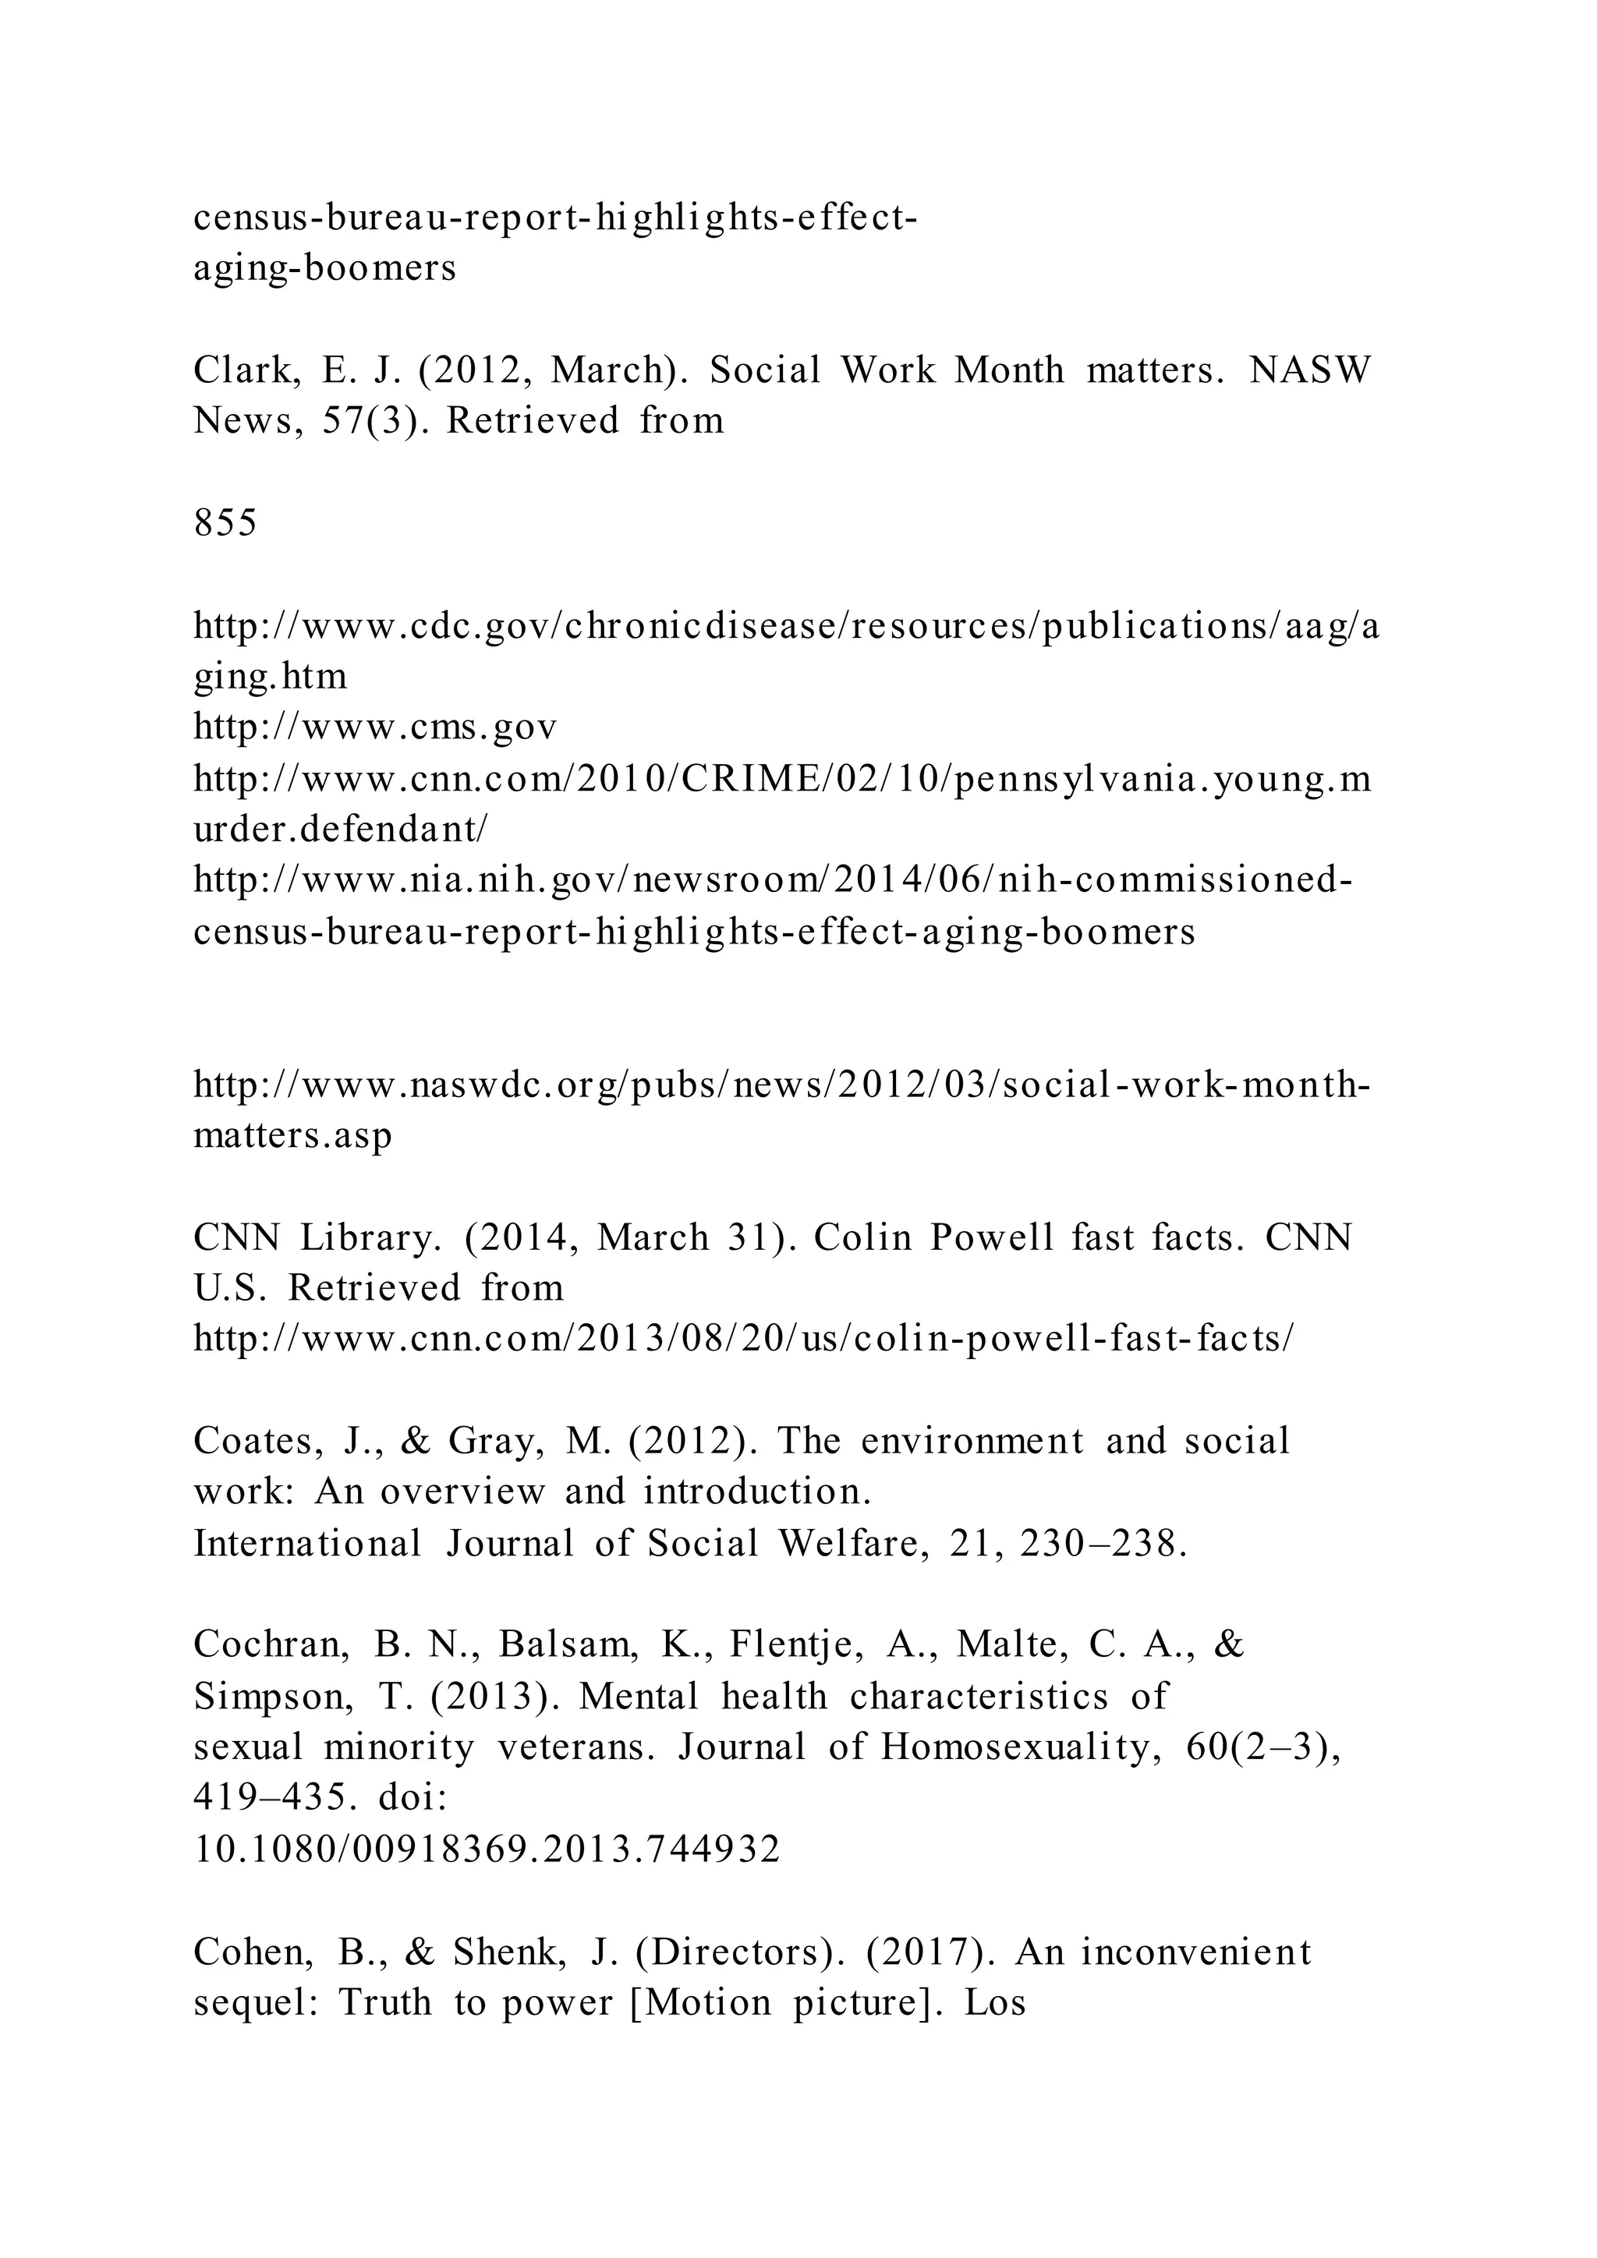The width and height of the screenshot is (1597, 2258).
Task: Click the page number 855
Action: tap(225, 522)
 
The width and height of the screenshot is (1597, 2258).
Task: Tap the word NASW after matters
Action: tap(1310, 370)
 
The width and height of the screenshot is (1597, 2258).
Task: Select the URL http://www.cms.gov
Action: tap(376, 727)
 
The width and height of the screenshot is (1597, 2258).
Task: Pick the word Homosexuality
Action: tap(1021, 1747)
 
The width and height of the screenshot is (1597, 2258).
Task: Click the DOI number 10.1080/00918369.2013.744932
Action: tap(487, 1849)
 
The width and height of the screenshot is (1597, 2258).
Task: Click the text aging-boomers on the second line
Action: tap(324, 267)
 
